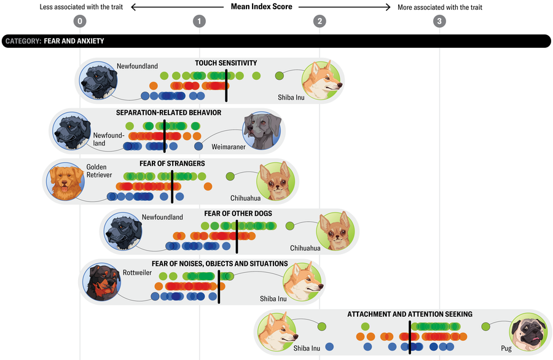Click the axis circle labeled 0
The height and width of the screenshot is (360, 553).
pos(79,22)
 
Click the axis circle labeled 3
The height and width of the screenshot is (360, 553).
pos(439,22)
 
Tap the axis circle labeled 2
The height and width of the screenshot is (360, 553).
pos(319,22)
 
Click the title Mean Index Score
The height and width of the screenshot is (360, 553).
pos(261,7)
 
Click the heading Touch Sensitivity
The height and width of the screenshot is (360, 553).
pos(226,63)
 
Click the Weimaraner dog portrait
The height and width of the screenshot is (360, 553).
pos(262,130)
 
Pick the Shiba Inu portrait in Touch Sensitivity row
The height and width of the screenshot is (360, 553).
pos(321,80)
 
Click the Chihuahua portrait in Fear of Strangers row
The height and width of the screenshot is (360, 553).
pos(276,181)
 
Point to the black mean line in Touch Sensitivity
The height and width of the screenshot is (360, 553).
pos(226,85)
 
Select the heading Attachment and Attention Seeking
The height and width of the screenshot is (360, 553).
pos(409,314)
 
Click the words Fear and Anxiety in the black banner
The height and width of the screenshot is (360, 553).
pos(74,41)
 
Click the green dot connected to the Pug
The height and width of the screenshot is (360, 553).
pos(486,326)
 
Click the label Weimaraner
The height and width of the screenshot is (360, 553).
pos(229,147)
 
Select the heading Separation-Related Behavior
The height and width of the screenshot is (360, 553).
pos(168,113)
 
